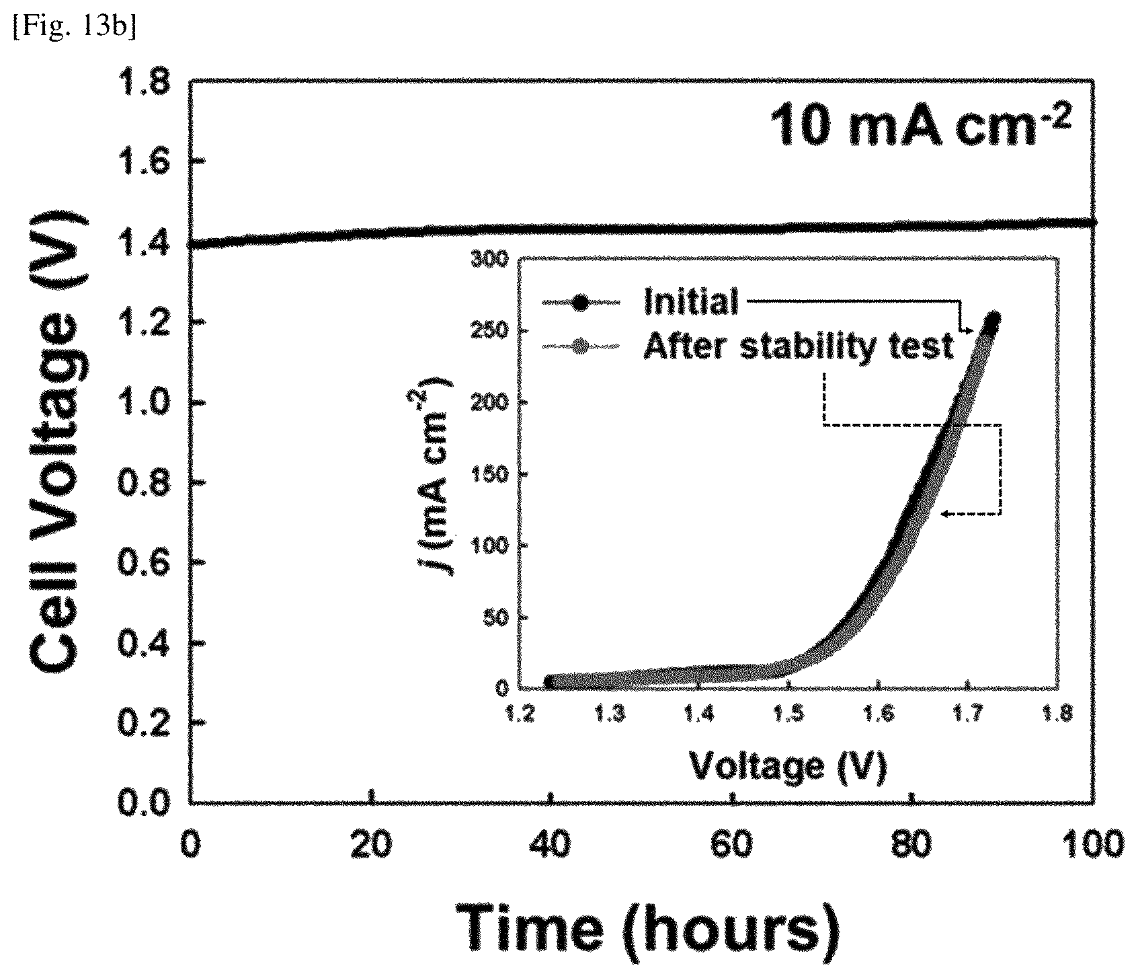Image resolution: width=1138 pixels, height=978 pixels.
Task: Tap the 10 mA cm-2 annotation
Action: pos(918,127)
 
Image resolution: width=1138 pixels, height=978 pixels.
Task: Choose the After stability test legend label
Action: pos(799,347)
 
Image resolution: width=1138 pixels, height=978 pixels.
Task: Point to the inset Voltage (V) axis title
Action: pos(786,765)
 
